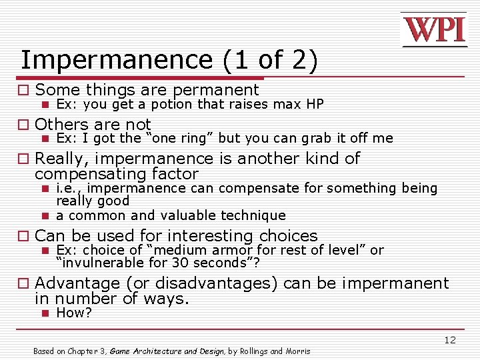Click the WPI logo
(434, 30)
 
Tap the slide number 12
(450, 340)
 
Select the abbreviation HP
(314, 104)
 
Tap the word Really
(64, 159)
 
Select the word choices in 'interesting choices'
(288, 236)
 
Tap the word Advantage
(77, 283)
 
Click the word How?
(74, 313)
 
